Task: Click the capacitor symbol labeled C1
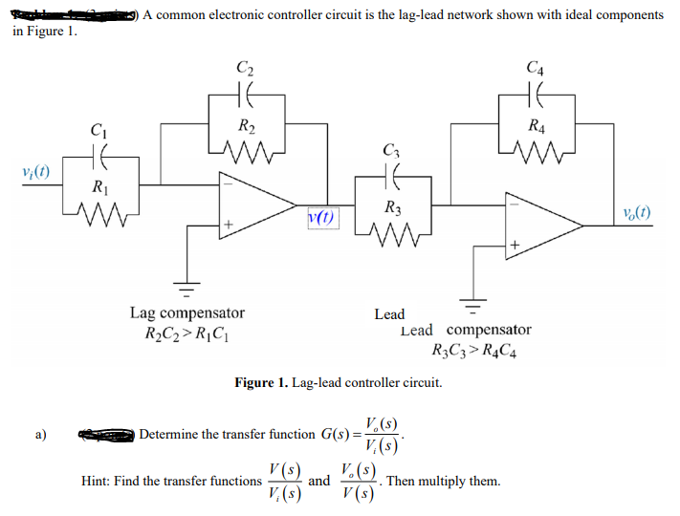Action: [99, 152]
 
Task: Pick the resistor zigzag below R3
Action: [390, 230]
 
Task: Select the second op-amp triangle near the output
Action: [544, 221]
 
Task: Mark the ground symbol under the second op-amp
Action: [470, 308]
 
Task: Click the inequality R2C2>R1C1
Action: [186, 334]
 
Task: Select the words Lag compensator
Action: [186, 313]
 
